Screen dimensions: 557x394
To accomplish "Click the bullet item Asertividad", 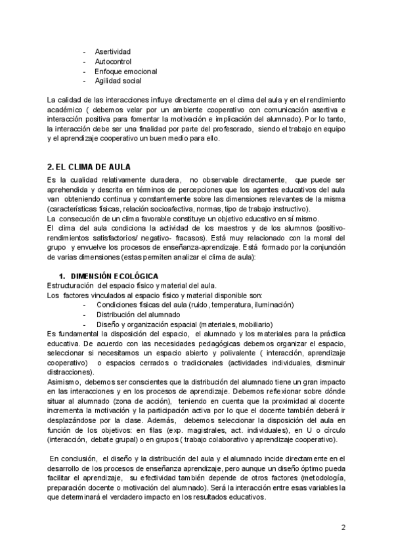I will click(x=113, y=51).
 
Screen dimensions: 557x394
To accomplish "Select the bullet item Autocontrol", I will click(x=112, y=61).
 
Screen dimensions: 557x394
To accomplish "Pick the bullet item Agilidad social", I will click(x=118, y=81).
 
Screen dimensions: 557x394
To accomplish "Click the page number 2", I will click(x=343, y=527).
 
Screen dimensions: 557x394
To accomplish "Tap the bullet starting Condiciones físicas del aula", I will click(x=194, y=305).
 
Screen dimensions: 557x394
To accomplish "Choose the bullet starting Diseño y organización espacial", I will click(x=184, y=324).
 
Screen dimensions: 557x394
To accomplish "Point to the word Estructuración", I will click(x=70, y=285).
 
